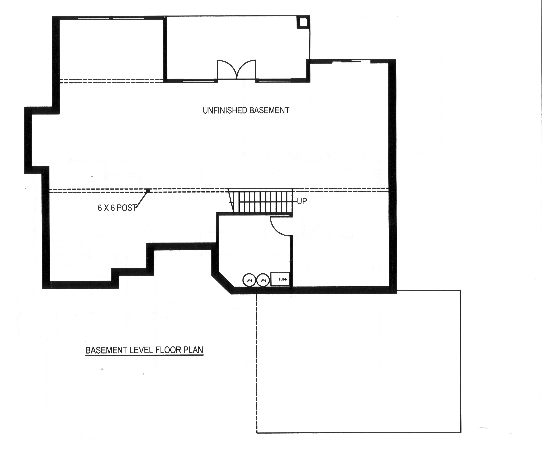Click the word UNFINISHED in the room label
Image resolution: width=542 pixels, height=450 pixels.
coord(225,110)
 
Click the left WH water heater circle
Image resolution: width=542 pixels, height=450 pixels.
coord(249,280)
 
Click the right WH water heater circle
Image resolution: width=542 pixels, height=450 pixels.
coord(263,280)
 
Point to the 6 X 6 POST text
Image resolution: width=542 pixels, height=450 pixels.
coord(117,208)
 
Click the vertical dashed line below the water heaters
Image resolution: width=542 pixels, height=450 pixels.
coord(256,361)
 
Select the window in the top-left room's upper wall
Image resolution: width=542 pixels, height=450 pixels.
coord(111,18)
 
